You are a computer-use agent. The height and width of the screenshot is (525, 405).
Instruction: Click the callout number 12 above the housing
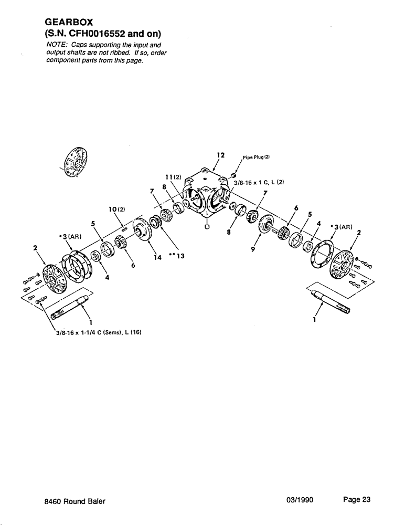[220, 155]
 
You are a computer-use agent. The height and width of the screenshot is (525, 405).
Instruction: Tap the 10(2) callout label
[117, 209]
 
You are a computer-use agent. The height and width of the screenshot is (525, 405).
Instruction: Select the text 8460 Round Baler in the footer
[75, 501]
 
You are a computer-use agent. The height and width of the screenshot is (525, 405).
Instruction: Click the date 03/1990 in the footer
[300, 500]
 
